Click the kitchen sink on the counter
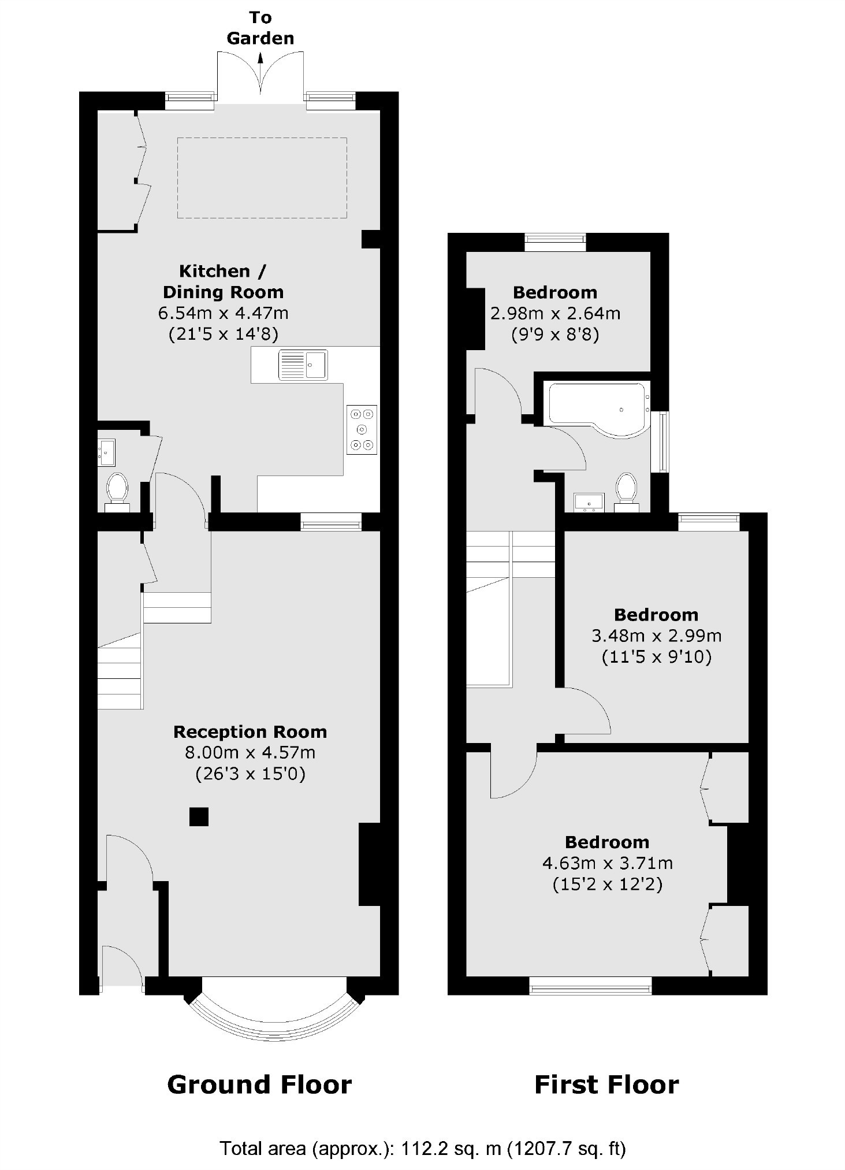point(303,365)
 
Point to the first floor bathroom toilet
point(626,491)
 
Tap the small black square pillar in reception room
point(199,816)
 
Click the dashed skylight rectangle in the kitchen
point(262,177)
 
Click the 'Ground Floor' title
point(259,1085)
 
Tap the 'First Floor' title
point(606,1085)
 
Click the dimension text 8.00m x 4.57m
point(250,753)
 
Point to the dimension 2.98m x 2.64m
point(555,313)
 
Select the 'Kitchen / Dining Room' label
point(223,281)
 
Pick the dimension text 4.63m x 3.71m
point(607,863)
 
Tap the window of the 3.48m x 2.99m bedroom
point(709,522)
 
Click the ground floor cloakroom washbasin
point(107,452)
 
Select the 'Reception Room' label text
point(250,732)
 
